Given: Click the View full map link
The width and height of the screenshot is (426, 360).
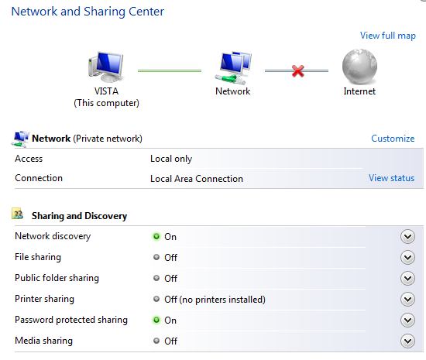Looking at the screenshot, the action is pyautogui.click(x=388, y=36).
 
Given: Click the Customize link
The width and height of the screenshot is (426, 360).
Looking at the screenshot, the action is pyautogui.click(x=393, y=139).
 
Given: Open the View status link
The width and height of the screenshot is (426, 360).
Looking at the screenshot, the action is pyautogui.click(x=391, y=178).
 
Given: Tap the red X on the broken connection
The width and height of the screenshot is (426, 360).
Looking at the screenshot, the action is pyautogui.click(x=297, y=71).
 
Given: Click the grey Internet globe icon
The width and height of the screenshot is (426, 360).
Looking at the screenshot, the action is pyautogui.click(x=359, y=67).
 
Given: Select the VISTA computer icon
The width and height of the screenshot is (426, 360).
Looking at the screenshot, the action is pyautogui.click(x=106, y=67).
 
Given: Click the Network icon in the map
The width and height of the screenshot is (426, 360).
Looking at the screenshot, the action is pyautogui.click(x=233, y=68).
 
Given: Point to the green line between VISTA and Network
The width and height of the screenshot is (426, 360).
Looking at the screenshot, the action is pyautogui.click(x=170, y=71).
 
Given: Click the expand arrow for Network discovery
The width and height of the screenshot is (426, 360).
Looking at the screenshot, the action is pyautogui.click(x=407, y=236).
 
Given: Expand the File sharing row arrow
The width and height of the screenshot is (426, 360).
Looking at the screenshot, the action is pyautogui.click(x=407, y=257).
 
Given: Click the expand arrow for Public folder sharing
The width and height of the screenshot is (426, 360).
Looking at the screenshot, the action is pyautogui.click(x=407, y=278).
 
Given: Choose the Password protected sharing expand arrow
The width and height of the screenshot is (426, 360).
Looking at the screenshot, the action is pyautogui.click(x=407, y=320).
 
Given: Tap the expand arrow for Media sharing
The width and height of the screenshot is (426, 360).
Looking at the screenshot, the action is pyautogui.click(x=407, y=341).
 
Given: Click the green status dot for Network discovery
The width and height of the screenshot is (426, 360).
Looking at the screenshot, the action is pyautogui.click(x=156, y=236).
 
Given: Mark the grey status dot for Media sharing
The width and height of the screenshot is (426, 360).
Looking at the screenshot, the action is pyautogui.click(x=156, y=341).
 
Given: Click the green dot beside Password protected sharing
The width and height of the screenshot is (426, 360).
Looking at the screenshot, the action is pyautogui.click(x=156, y=320).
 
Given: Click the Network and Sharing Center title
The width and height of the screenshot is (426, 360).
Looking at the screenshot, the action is pyautogui.click(x=88, y=12).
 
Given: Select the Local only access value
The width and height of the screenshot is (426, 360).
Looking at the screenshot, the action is pyautogui.click(x=171, y=159).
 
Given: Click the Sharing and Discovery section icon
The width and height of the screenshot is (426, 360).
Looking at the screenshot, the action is pyautogui.click(x=17, y=214).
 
